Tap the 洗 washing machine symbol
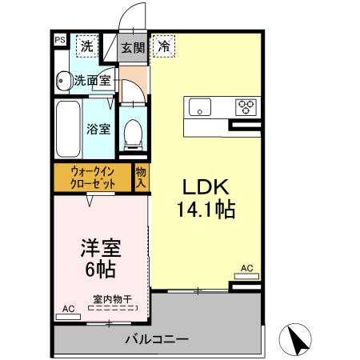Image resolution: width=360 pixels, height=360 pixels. (86, 46)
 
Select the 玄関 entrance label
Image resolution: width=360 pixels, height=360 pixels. (133, 48)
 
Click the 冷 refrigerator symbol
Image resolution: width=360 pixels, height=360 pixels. (163, 46)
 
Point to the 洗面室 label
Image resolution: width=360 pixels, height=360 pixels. (94, 80)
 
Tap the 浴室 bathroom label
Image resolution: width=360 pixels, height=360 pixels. (98, 129)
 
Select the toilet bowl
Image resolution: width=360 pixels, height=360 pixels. (132, 133)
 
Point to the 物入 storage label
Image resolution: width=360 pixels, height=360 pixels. (141, 178)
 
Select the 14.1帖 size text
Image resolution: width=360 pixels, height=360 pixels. (206, 211)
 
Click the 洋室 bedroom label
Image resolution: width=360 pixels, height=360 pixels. (95, 249)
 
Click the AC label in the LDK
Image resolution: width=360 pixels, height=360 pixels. (246, 268)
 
